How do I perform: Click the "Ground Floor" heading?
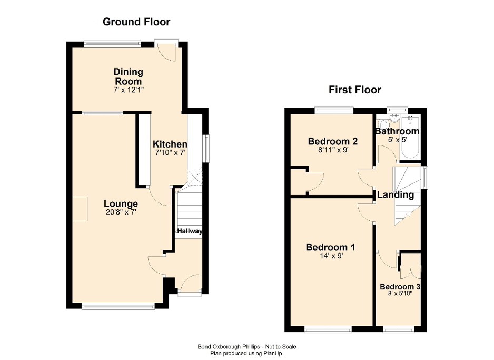coord(136,22)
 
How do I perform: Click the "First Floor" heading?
coord(354,90)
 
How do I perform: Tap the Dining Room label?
coord(129,76)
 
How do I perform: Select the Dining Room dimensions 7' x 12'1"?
coord(129,90)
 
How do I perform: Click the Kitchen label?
coord(170,144)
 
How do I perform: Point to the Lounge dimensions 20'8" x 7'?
coord(121,213)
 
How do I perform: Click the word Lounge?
coord(121,204)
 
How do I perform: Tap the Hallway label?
coord(190,231)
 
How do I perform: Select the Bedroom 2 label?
coord(333,141)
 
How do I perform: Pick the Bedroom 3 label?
coord(400,287)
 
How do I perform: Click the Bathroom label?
coord(397,131)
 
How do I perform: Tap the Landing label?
coord(395,195)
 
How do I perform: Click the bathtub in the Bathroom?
coord(409,137)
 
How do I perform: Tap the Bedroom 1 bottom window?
coord(328,329)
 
